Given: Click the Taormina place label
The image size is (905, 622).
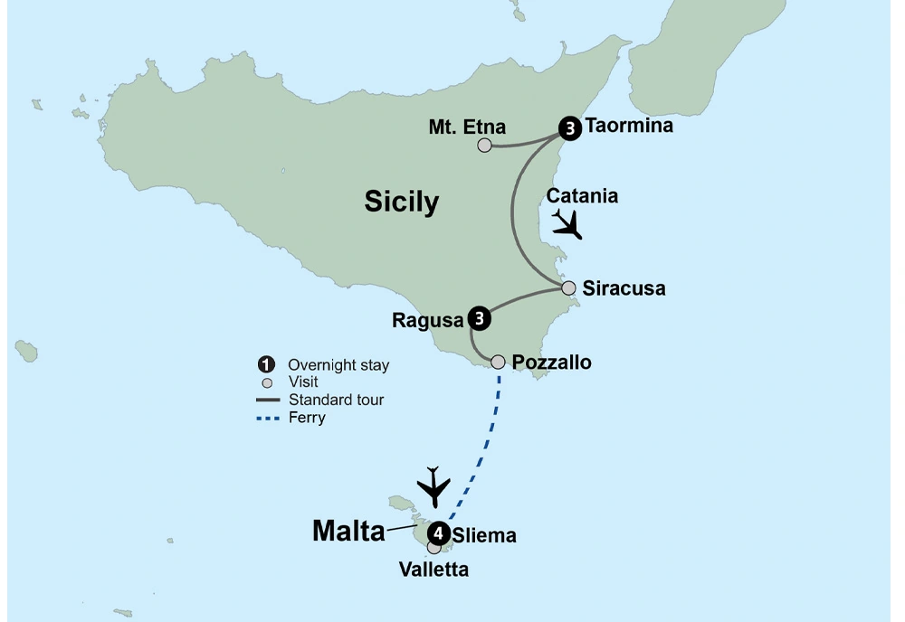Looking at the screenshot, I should click(629, 126).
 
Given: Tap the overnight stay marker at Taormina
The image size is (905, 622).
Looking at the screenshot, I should click(569, 129).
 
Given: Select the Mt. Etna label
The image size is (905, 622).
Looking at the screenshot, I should click(467, 127).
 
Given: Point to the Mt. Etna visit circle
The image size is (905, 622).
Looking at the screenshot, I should click(485, 145).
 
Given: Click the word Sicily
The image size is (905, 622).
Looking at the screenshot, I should click(401, 202).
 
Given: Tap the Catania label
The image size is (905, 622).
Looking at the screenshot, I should click(583, 196).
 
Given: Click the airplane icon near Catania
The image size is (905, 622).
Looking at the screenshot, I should click(567, 223).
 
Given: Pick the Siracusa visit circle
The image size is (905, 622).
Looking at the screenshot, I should click(568, 288).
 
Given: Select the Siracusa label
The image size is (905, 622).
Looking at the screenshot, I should click(624, 289).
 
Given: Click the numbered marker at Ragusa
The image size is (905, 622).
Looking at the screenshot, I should click(480, 318).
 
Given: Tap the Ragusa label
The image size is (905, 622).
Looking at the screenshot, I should click(427, 319).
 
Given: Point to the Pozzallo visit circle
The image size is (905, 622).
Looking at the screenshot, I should click(498, 362).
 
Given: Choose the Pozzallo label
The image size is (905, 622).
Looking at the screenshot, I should click(551, 363).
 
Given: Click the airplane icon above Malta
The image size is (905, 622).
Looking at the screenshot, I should click(434, 488).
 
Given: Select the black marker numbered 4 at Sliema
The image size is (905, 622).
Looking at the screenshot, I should click(439, 532).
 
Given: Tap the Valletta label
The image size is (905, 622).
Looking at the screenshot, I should click(434, 570).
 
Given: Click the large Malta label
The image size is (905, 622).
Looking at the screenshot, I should click(348, 532).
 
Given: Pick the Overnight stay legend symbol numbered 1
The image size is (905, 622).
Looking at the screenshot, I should click(266, 365).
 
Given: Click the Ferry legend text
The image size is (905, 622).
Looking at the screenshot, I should click(307, 418).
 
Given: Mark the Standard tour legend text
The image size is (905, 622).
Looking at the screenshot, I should click(336, 400).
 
